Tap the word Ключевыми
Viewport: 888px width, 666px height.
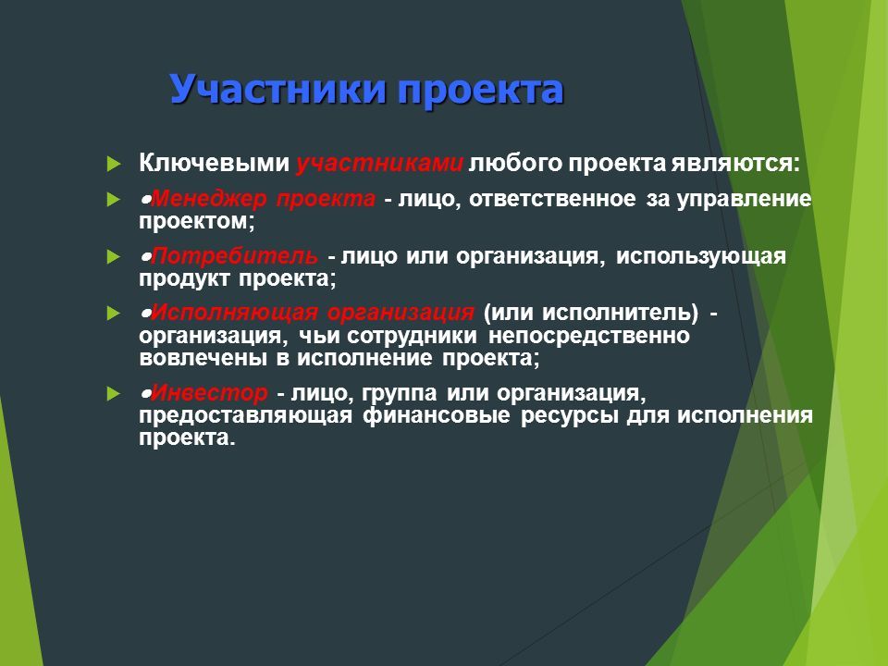214,163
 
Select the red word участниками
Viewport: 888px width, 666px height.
379,164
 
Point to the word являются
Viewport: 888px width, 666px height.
735,163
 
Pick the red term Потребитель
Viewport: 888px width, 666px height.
234,256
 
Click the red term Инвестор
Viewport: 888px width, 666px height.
209,392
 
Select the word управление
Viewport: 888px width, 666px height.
744,200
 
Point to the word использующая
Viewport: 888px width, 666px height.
701,256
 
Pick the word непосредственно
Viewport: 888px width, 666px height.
589,336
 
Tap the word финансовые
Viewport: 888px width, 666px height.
436,415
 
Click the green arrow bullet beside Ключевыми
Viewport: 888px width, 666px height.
114,165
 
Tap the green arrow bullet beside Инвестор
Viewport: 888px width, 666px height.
114,394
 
